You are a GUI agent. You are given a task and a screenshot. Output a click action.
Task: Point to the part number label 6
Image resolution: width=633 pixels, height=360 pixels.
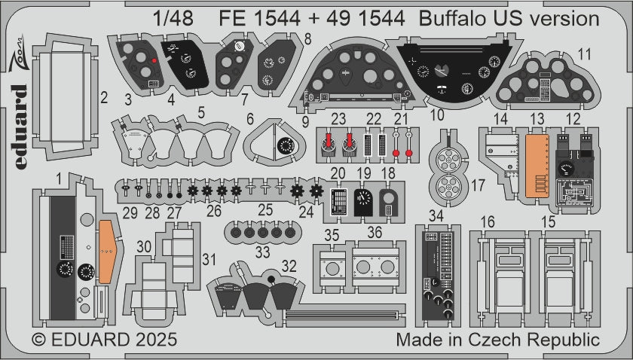249,118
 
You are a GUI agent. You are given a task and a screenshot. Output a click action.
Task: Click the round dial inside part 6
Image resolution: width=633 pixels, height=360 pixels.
285,147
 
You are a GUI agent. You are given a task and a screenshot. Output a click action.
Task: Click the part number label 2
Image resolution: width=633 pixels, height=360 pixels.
104,96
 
